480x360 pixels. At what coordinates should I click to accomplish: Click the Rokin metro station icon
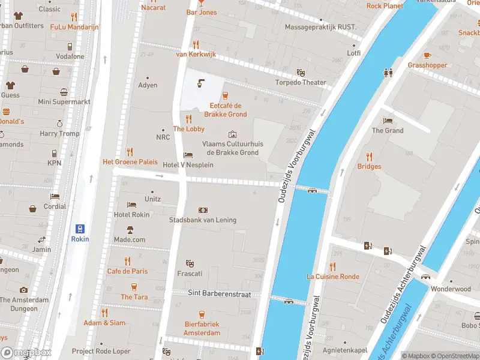click(x=79, y=228)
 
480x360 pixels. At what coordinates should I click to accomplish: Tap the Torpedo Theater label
click(x=301, y=83)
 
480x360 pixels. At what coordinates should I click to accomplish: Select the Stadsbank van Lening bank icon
click(x=203, y=210)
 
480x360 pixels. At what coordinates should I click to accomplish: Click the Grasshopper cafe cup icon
click(x=427, y=55)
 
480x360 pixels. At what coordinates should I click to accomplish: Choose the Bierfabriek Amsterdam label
click(x=202, y=329)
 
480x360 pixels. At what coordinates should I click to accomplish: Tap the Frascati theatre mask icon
click(x=190, y=263)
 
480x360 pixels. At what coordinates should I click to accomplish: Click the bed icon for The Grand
click(x=388, y=120)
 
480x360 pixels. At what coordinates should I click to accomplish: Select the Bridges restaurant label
click(x=369, y=166)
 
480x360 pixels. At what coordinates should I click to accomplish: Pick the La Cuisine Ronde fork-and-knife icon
click(x=333, y=266)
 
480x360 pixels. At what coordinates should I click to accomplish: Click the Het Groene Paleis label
click(x=130, y=162)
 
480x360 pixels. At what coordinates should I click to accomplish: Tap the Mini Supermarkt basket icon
click(x=64, y=92)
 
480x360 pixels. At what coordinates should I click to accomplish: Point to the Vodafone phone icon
click(x=70, y=46)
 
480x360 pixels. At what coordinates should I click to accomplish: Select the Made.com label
click(x=130, y=239)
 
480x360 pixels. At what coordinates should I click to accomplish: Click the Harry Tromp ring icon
click(x=59, y=124)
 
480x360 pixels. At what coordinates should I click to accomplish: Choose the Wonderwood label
click(x=451, y=289)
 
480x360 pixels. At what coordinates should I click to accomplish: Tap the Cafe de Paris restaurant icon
click(x=127, y=261)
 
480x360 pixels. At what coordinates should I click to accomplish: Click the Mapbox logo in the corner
click(x=26, y=353)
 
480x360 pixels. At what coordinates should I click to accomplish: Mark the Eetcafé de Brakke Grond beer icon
click(x=226, y=95)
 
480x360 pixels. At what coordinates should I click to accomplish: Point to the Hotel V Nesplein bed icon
click(x=188, y=154)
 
